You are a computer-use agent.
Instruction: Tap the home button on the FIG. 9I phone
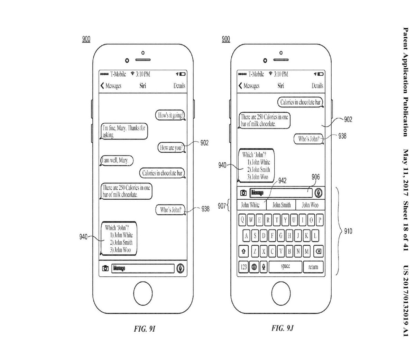[x=143, y=293]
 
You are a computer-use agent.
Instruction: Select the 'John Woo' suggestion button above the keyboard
[x=310, y=205]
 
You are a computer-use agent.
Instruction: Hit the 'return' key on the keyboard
[x=313, y=267]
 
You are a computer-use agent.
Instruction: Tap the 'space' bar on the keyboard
[x=285, y=267]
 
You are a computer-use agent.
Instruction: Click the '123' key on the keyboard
[x=244, y=267]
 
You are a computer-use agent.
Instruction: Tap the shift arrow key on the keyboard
[x=244, y=252]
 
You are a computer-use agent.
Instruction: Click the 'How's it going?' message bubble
[x=170, y=115]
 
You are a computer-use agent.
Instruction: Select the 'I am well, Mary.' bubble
[x=117, y=160]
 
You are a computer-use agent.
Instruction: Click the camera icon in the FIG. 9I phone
[x=105, y=268]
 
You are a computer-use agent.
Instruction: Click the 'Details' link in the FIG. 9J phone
[x=317, y=86]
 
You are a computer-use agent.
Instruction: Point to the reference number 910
[x=348, y=231]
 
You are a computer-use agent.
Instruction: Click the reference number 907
[x=222, y=207]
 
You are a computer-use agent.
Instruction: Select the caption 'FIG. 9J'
[x=283, y=328]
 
